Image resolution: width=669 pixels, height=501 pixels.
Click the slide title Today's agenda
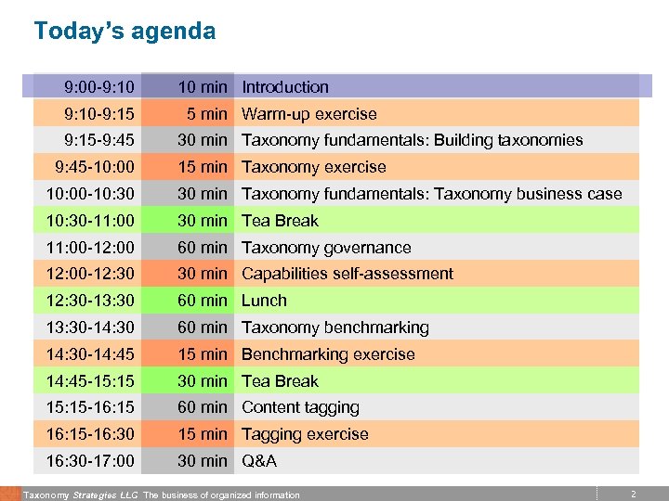(x=125, y=32)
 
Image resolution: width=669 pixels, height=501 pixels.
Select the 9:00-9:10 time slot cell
(x=99, y=87)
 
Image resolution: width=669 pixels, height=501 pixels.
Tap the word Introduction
(x=285, y=87)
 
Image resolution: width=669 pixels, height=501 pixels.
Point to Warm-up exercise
(x=309, y=114)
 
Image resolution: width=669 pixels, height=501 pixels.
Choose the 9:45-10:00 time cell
(x=94, y=167)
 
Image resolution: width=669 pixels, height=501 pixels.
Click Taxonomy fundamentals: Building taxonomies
(x=412, y=140)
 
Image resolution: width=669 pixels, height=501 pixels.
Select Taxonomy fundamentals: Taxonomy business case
(x=431, y=194)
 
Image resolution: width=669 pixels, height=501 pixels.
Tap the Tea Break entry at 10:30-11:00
(x=280, y=221)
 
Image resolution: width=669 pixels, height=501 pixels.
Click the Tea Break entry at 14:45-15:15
(x=280, y=381)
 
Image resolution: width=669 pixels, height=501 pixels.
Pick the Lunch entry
(x=264, y=301)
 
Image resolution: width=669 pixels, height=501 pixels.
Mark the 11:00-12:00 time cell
(x=90, y=248)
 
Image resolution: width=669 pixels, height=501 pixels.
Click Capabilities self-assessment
(x=348, y=274)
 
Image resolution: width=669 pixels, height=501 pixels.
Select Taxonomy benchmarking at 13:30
(x=335, y=328)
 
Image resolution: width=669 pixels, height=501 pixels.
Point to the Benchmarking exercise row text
(x=328, y=354)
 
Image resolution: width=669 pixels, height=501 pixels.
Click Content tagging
(x=300, y=407)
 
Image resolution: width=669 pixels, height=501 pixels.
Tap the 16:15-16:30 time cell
(x=90, y=434)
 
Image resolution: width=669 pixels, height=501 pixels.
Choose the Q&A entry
(x=259, y=461)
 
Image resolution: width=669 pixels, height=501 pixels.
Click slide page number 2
(x=633, y=495)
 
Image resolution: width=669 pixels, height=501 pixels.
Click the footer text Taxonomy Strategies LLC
(x=79, y=495)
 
